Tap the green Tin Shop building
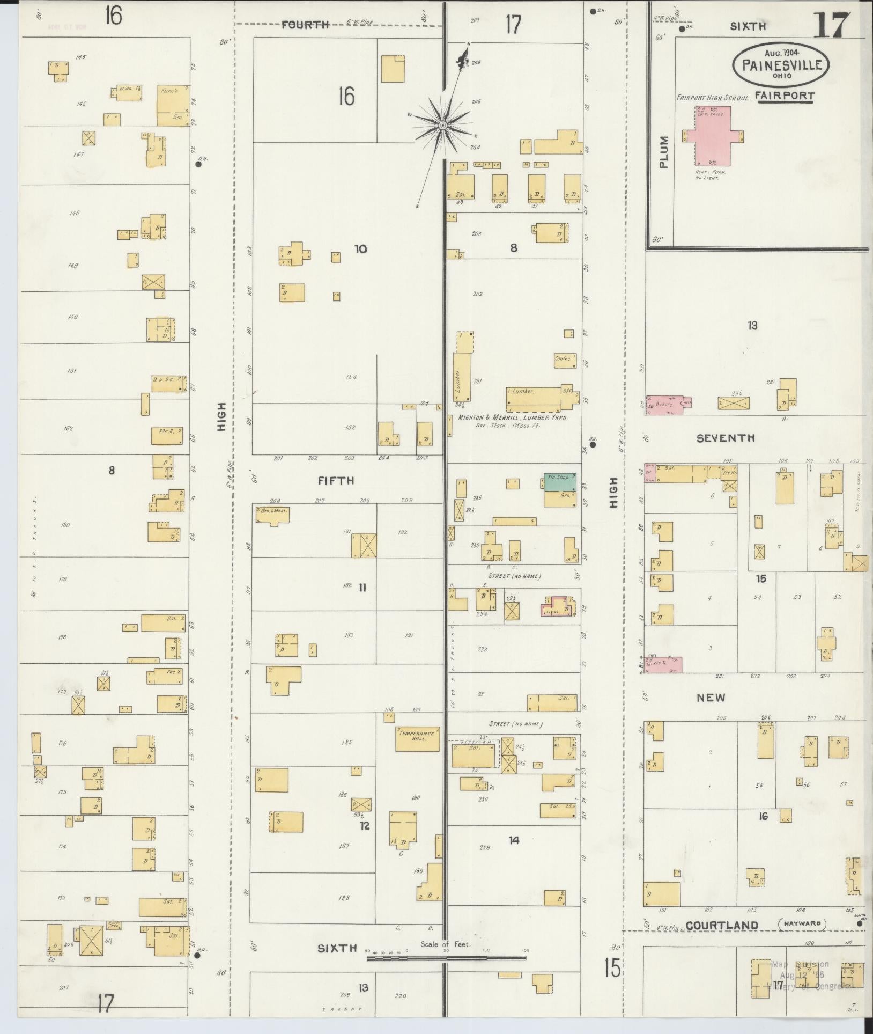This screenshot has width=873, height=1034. click(x=560, y=481)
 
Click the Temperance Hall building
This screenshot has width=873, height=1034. click(x=418, y=739)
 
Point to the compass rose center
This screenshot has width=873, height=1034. click(x=443, y=126)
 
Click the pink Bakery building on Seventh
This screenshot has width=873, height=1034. click(x=663, y=405)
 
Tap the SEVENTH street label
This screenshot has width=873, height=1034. click(x=725, y=438)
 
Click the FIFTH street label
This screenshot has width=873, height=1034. click(x=336, y=481)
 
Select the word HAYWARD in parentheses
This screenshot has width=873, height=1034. click(x=802, y=923)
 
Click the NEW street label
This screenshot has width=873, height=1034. click(x=711, y=698)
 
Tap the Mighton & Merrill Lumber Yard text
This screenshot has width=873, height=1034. click(x=512, y=417)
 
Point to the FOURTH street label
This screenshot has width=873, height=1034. click(x=305, y=24)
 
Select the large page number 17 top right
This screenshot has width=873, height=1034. click(x=831, y=24)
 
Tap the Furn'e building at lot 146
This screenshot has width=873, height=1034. click(x=173, y=104)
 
